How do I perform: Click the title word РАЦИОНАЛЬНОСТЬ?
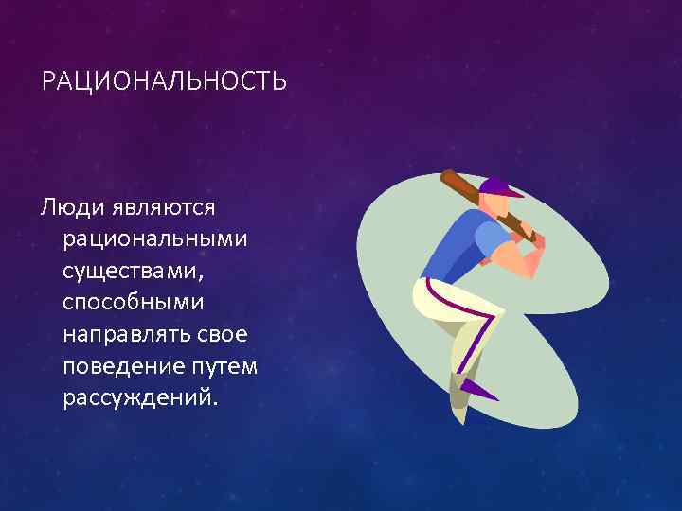click(x=164, y=83)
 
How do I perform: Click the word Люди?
click(x=72, y=205)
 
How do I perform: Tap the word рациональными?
click(x=156, y=238)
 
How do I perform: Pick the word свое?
click(x=225, y=334)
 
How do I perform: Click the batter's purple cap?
click(x=499, y=186)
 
